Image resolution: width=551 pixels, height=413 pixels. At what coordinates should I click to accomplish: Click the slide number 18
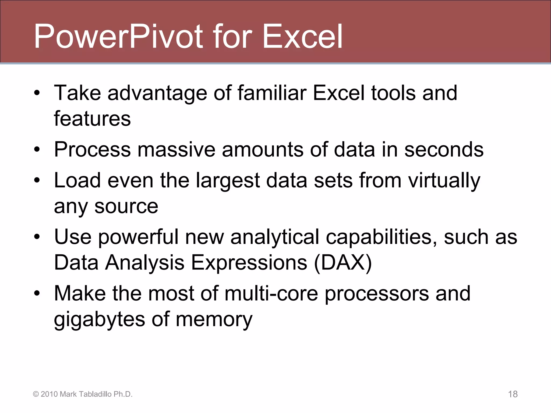[x=513, y=394]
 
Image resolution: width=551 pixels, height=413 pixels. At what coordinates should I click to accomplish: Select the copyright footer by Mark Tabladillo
[x=83, y=394]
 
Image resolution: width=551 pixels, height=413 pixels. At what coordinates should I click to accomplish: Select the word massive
[x=176, y=149]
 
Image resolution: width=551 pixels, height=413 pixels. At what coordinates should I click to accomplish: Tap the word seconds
[x=444, y=149]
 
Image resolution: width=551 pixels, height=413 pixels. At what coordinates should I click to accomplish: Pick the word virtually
[x=444, y=181]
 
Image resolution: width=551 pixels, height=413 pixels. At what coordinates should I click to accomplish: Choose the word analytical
[x=275, y=237]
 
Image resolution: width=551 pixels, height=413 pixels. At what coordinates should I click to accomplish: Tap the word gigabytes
[x=100, y=319]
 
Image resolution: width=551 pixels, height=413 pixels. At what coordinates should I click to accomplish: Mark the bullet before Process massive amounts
[x=37, y=150]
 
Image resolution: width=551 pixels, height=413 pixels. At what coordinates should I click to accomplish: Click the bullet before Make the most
[x=37, y=294]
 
